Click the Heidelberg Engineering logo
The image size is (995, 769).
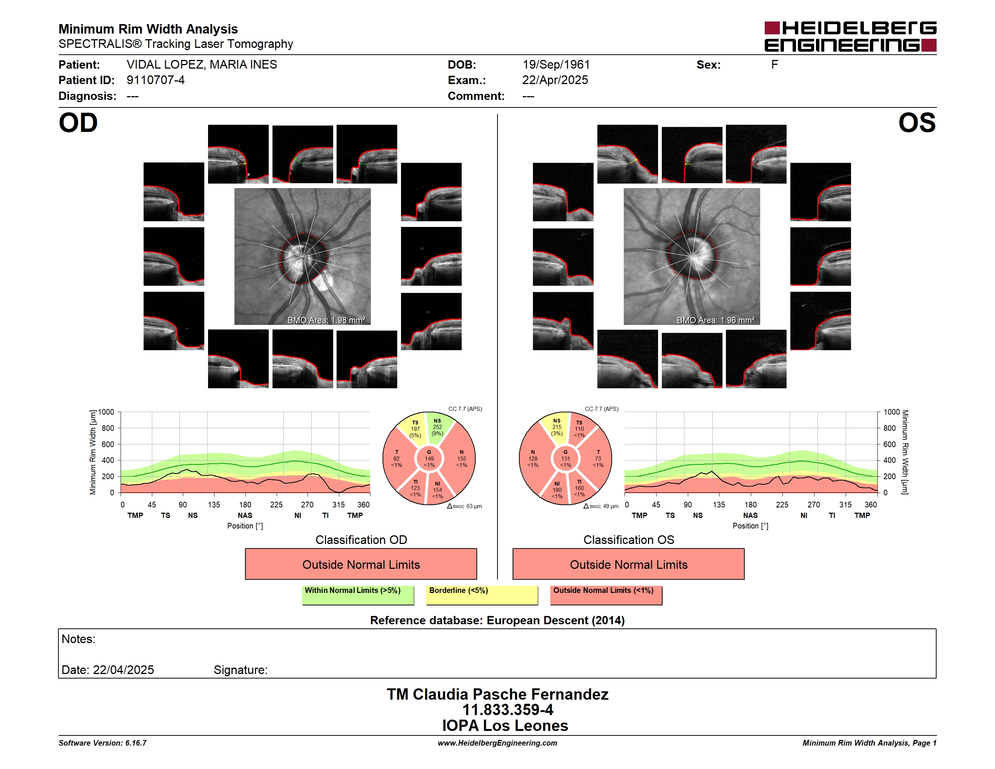pos(850,37)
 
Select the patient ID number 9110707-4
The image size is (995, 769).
pos(155,80)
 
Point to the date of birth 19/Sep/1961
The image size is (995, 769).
pos(556,65)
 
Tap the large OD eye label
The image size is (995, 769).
pos(78,123)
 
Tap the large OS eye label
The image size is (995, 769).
pos(917,123)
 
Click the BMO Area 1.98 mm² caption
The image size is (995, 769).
pos(326,320)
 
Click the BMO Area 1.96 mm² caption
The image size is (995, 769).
pos(715,320)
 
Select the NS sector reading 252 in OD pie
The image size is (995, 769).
pos(437,427)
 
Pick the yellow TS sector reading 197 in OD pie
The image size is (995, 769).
pos(415,429)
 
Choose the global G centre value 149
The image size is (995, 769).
pos(429,459)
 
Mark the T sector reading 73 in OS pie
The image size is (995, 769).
pos(598,459)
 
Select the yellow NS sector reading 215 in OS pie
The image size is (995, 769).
pos(557,427)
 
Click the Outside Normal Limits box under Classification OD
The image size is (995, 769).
pos(361,564)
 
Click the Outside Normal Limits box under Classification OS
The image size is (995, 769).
pos(628,564)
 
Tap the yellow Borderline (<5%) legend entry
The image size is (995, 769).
pos(482,595)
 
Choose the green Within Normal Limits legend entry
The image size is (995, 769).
pos(358,595)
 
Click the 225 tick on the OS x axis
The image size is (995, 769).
pos(782,505)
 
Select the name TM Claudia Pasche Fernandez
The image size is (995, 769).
pos(497,694)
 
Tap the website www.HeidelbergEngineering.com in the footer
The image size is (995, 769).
pos(497,743)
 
